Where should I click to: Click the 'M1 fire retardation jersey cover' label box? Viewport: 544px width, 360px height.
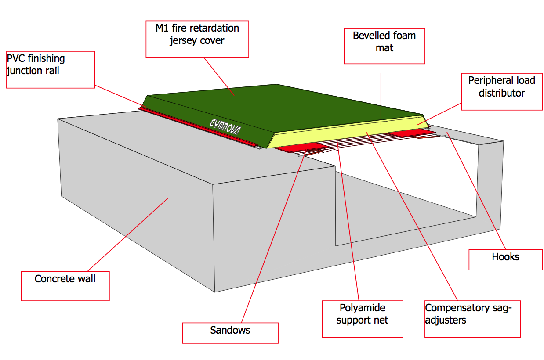pos(197,39)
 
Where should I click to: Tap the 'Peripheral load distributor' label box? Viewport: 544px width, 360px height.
pos(501,91)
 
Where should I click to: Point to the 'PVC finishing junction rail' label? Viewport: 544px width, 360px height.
pos(51,69)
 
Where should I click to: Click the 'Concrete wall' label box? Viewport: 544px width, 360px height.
pos(65,286)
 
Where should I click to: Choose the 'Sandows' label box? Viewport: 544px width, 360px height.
pos(230,333)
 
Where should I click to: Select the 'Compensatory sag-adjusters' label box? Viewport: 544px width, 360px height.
pos(472,319)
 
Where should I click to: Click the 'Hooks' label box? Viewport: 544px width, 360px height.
pos(505,259)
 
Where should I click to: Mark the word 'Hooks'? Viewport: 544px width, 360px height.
pos(505,257)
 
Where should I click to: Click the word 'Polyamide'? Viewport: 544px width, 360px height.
pos(362,307)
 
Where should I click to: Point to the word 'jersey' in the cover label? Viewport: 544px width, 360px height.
pos(185,41)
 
